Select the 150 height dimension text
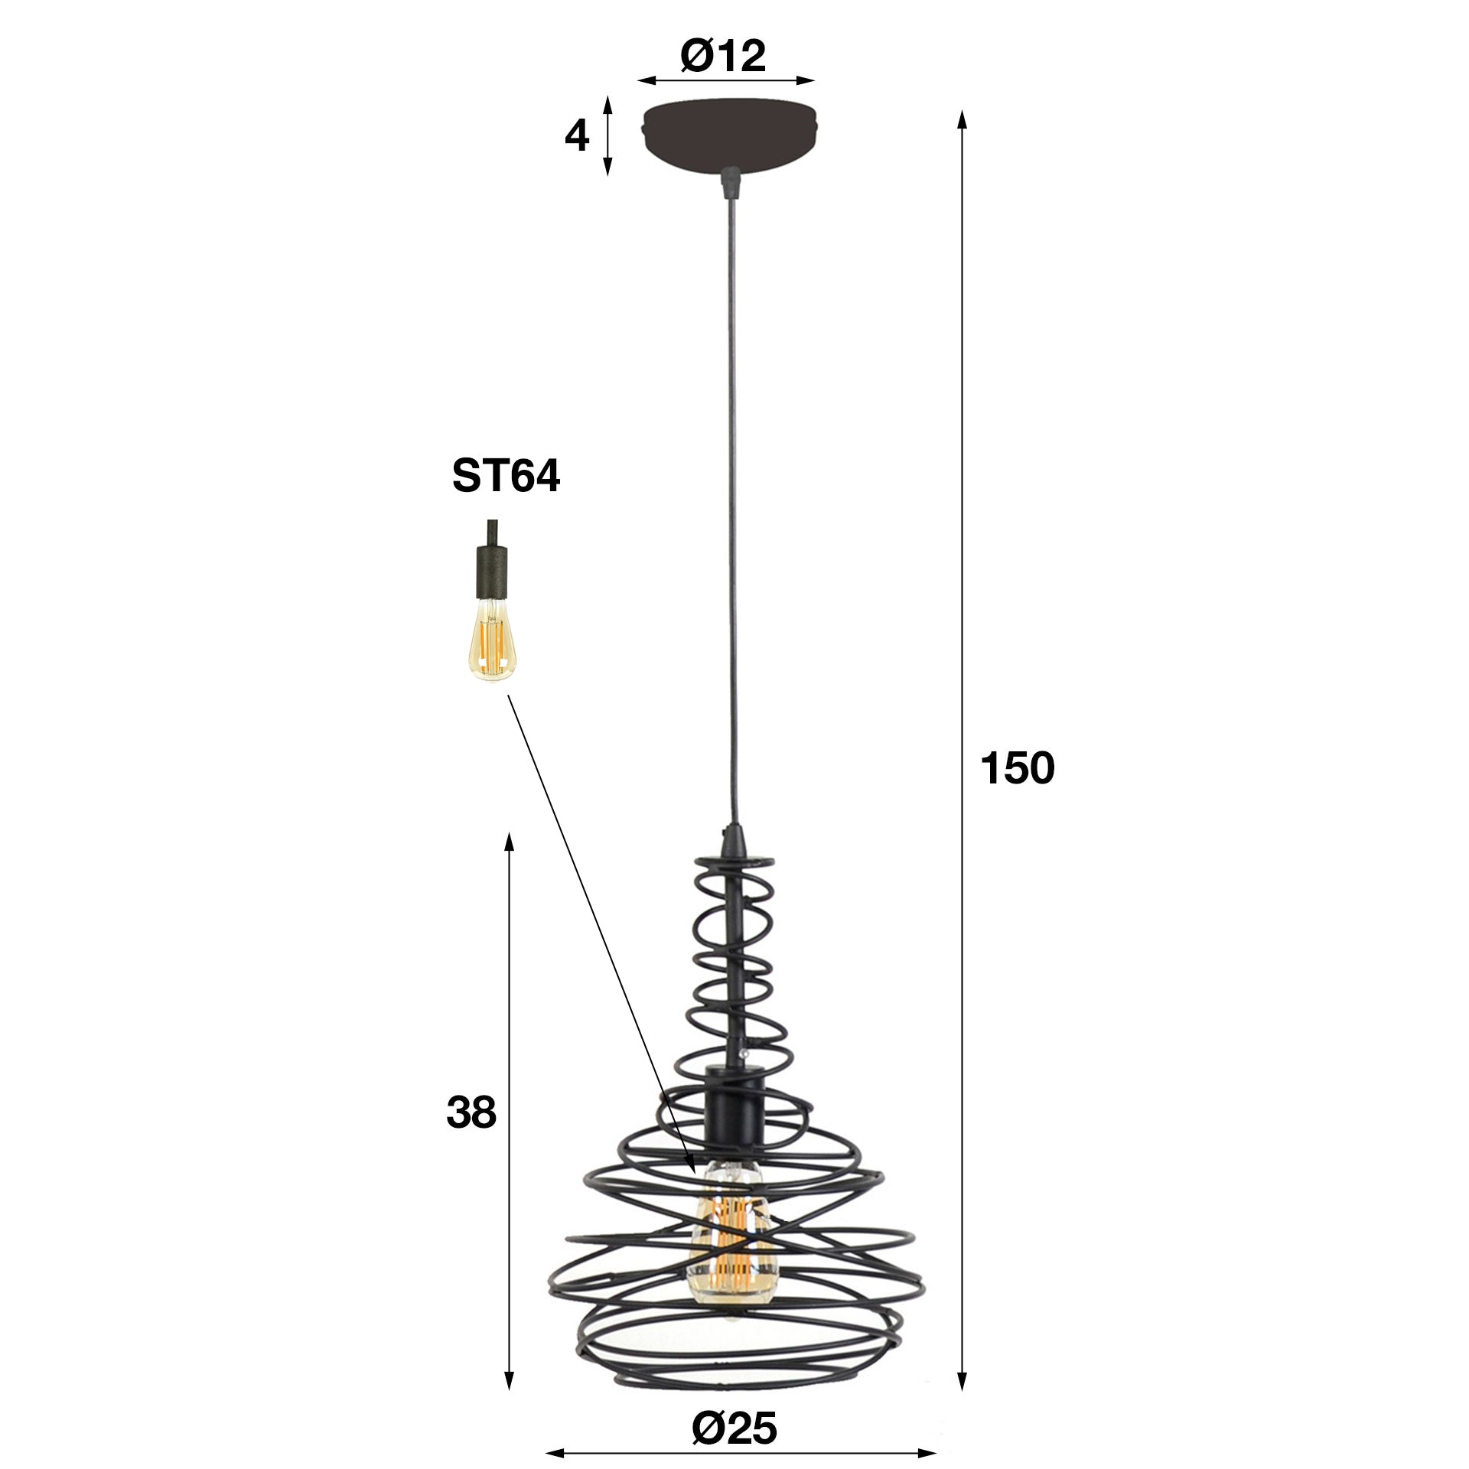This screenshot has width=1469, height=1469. pos(1017,768)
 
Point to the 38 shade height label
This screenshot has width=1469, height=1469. pos(471,1113)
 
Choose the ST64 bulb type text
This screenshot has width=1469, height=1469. pos(506,476)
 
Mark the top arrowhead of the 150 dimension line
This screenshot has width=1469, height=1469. pos(963,119)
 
